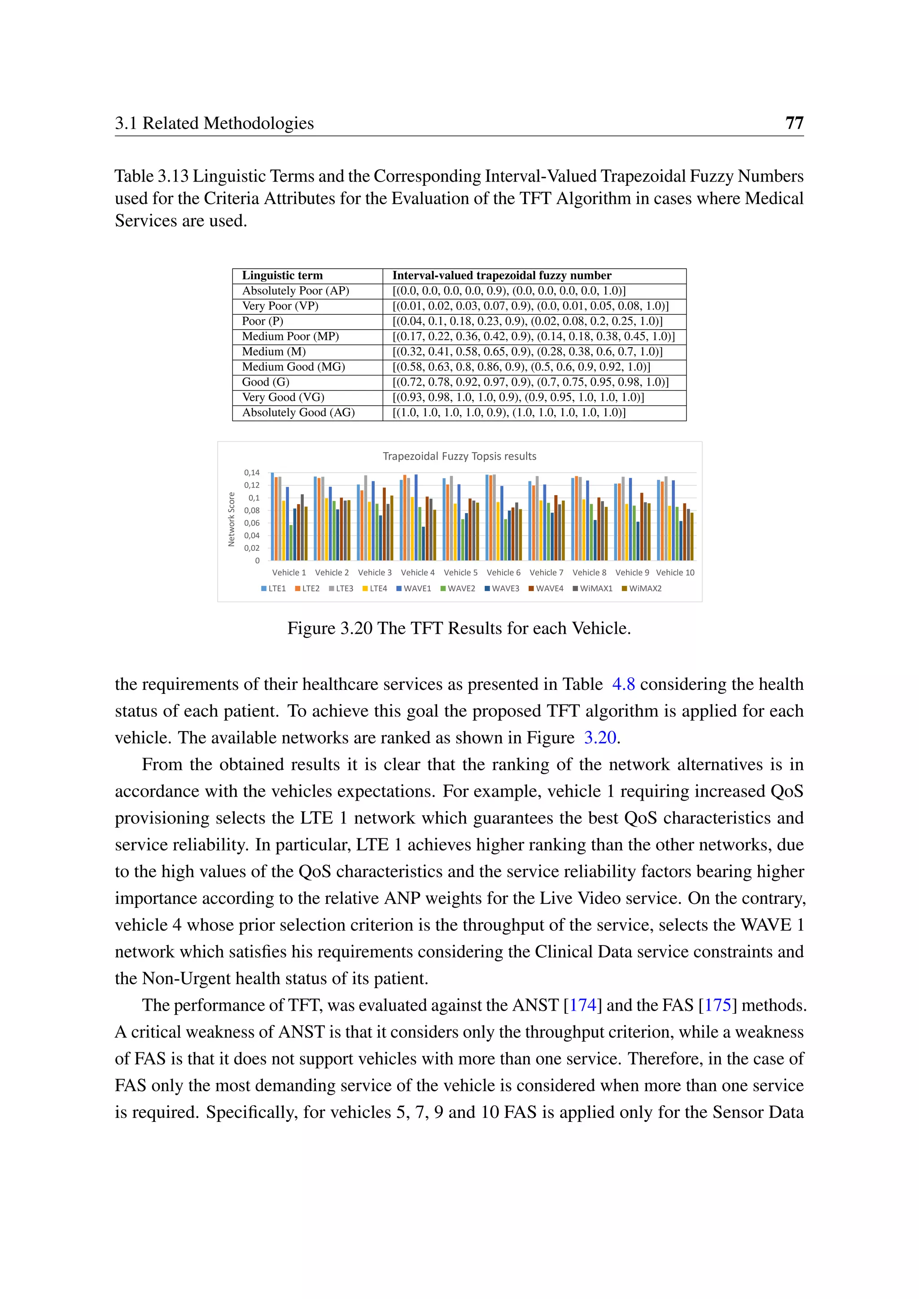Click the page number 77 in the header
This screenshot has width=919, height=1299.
click(794, 123)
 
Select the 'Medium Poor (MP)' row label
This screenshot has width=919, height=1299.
click(290, 336)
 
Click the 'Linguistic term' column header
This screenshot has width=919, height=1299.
click(282, 275)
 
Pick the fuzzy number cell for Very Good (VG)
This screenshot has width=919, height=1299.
click(518, 397)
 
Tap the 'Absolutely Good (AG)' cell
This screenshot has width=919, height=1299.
click(298, 413)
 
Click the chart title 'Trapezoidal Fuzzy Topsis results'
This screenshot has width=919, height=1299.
click(459, 456)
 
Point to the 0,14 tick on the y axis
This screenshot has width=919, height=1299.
click(252, 472)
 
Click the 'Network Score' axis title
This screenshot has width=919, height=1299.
click(232, 519)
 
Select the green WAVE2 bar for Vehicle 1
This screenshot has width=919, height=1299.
click(291, 543)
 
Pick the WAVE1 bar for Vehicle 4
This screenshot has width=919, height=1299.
click(416, 518)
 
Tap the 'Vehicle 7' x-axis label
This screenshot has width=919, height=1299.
click(546, 572)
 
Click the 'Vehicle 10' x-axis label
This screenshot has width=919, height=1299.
click(675, 572)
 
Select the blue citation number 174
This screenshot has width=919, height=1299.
click(582, 1005)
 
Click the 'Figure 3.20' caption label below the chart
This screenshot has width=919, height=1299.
click(329, 628)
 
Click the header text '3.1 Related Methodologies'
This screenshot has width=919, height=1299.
click(214, 123)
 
